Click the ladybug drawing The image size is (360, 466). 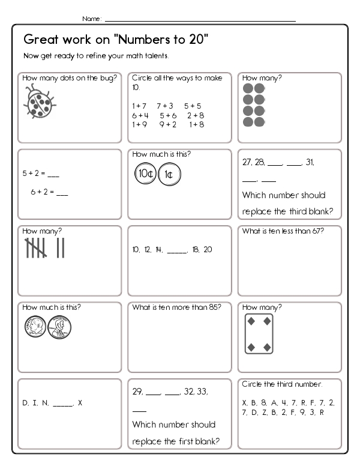(39, 102)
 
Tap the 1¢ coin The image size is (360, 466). (170, 175)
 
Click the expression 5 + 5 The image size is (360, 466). (193, 105)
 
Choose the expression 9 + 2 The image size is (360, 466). (168, 124)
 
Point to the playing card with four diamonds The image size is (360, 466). (259, 333)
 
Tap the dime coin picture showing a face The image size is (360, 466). (35, 328)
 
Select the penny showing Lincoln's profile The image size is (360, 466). (59, 328)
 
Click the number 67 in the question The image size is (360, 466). (318, 231)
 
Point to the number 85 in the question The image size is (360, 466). (214, 307)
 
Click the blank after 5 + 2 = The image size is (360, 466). (53, 175)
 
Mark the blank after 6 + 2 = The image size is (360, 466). (62, 193)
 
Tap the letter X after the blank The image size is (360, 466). (80, 403)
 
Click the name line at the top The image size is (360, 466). (200, 20)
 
